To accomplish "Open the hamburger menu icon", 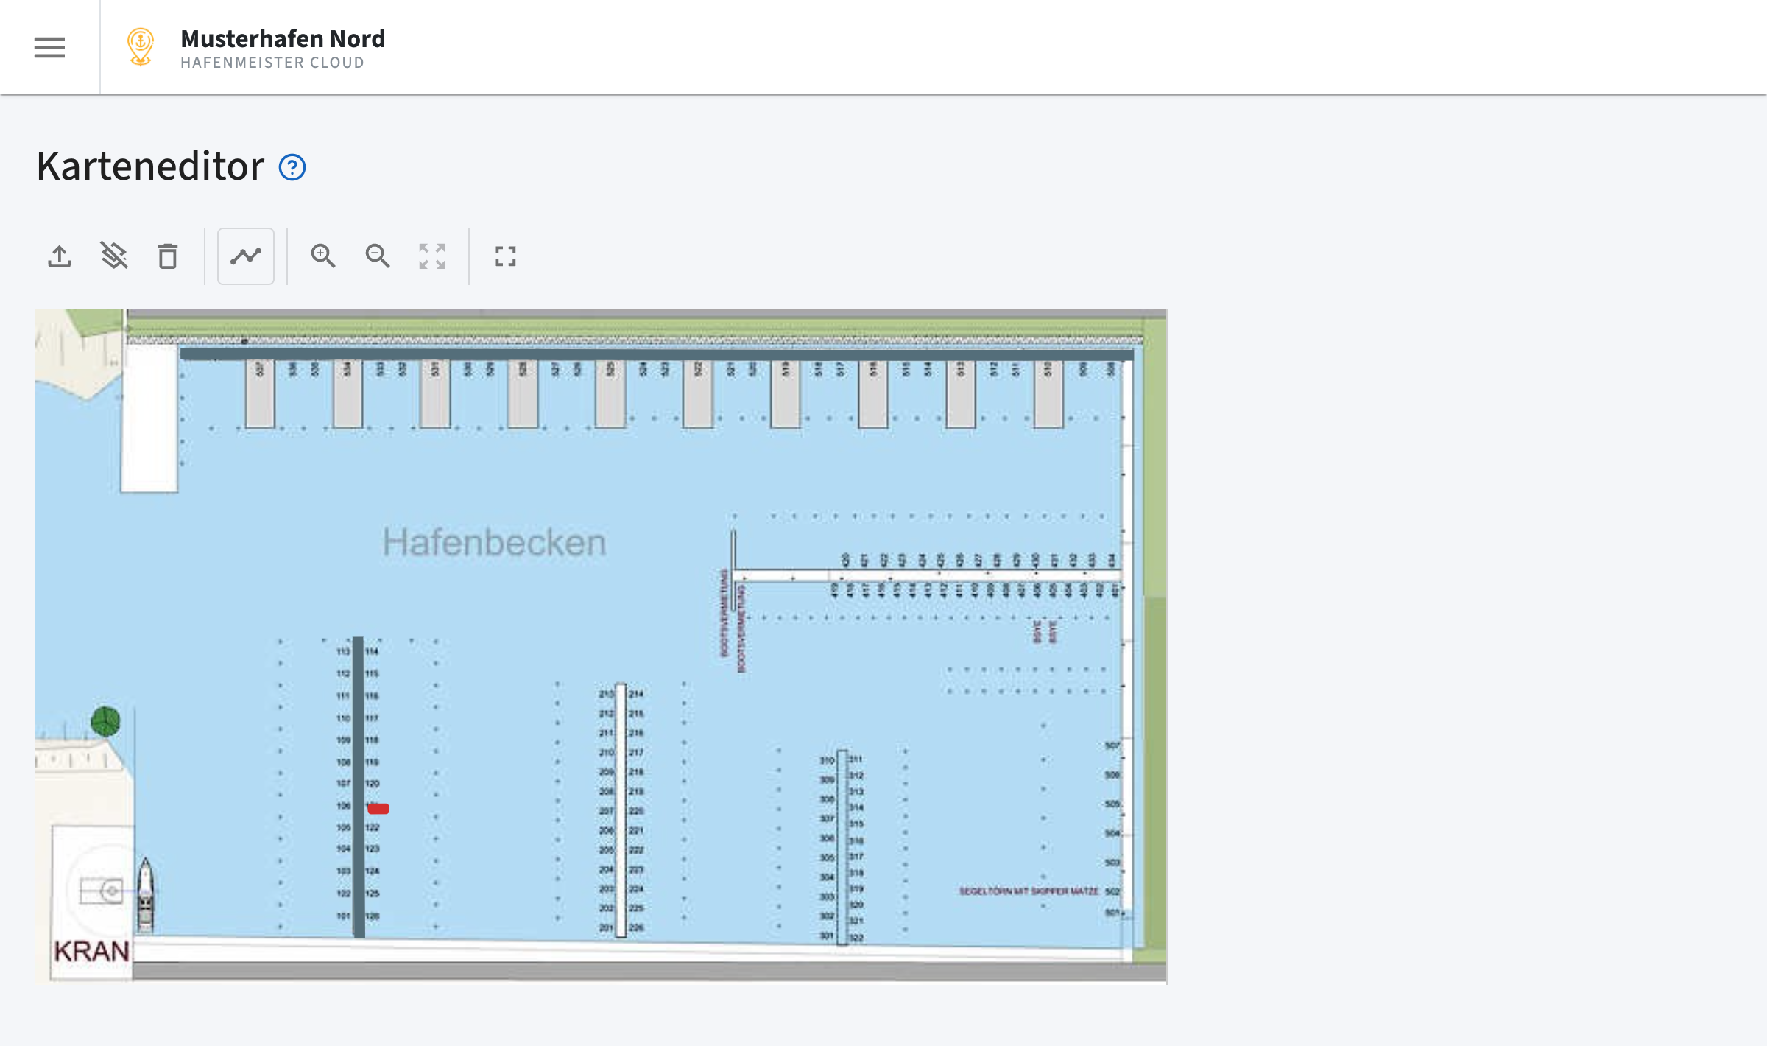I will (x=49, y=47).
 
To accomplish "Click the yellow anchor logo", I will (x=140, y=46).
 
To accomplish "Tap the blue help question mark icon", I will (x=292, y=167).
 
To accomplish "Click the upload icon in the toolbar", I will (x=60, y=256).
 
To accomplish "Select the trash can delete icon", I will (x=168, y=256).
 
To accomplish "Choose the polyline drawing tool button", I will (x=246, y=256).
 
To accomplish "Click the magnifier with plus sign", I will (x=322, y=256).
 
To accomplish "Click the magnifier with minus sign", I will (x=377, y=256).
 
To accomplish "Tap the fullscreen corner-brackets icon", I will (x=506, y=256).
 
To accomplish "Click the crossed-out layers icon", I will (x=114, y=256).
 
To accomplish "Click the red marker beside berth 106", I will (x=378, y=809).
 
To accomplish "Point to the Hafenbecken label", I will (x=494, y=543).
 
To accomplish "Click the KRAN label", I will (x=92, y=951).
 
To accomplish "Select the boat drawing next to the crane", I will (x=146, y=895).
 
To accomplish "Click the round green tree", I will (x=105, y=721).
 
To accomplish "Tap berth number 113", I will (x=343, y=651).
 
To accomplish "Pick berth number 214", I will (x=636, y=694).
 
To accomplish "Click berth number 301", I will (x=827, y=936).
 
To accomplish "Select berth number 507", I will (x=1112, y=745).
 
